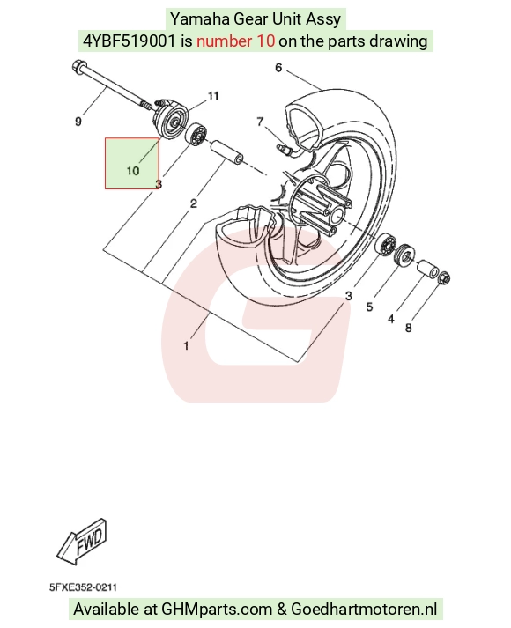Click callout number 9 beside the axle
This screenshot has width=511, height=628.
pos(78,121)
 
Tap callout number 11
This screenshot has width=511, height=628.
pos(213,96)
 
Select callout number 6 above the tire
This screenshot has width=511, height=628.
pos(278,68)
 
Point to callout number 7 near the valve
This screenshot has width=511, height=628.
pos(260,121)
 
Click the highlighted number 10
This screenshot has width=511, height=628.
pos(132,171)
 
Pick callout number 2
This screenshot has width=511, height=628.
pos(194,203)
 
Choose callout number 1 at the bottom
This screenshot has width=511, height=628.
pos(186,345)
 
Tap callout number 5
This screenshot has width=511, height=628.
pos(369,307)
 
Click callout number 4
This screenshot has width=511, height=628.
pos(391,319)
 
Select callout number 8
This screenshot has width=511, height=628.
pos(409,328)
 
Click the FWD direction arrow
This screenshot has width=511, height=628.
pos(83,542)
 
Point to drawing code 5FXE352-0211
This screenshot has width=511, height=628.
pos(84,587)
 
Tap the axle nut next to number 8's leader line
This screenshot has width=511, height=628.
pos(445,277)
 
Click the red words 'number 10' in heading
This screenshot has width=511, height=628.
pos(235,41)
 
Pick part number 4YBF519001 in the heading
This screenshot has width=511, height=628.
pos(129,41)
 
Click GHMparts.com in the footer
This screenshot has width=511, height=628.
pos(217,610)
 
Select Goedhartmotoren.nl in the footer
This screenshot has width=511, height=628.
pos(364,610)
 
